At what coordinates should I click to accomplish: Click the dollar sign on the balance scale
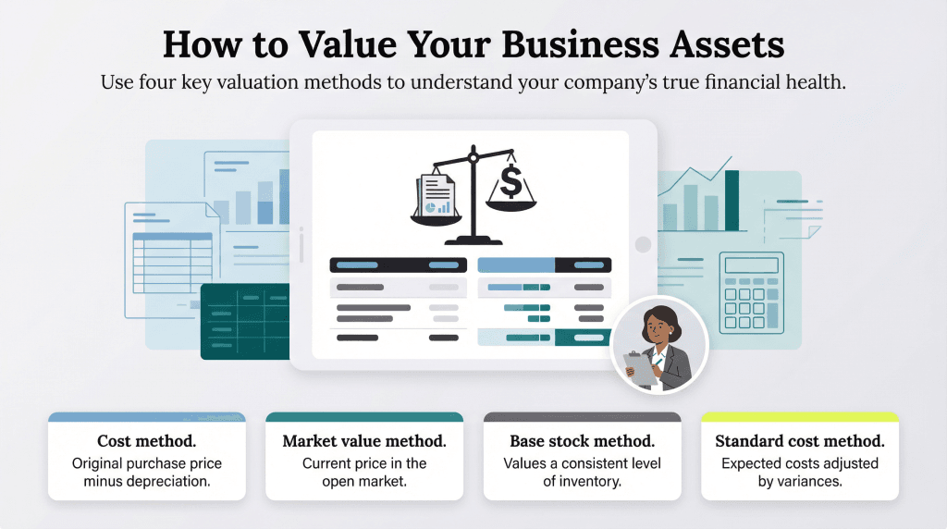point(511,182)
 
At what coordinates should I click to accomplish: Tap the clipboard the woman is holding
point(641,367)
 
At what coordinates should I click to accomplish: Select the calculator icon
point(751,293)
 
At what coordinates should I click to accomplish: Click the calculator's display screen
point(751,266)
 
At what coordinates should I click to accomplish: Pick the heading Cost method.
point(146,441)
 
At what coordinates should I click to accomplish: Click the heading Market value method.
point(364,441)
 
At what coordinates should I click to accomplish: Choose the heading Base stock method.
point(582,441)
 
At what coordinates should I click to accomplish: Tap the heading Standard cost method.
point(800,441)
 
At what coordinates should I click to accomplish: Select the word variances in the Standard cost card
point(810,481)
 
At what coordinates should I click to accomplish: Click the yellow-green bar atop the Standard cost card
point(800,417)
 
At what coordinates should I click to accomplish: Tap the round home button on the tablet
point(643,244)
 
